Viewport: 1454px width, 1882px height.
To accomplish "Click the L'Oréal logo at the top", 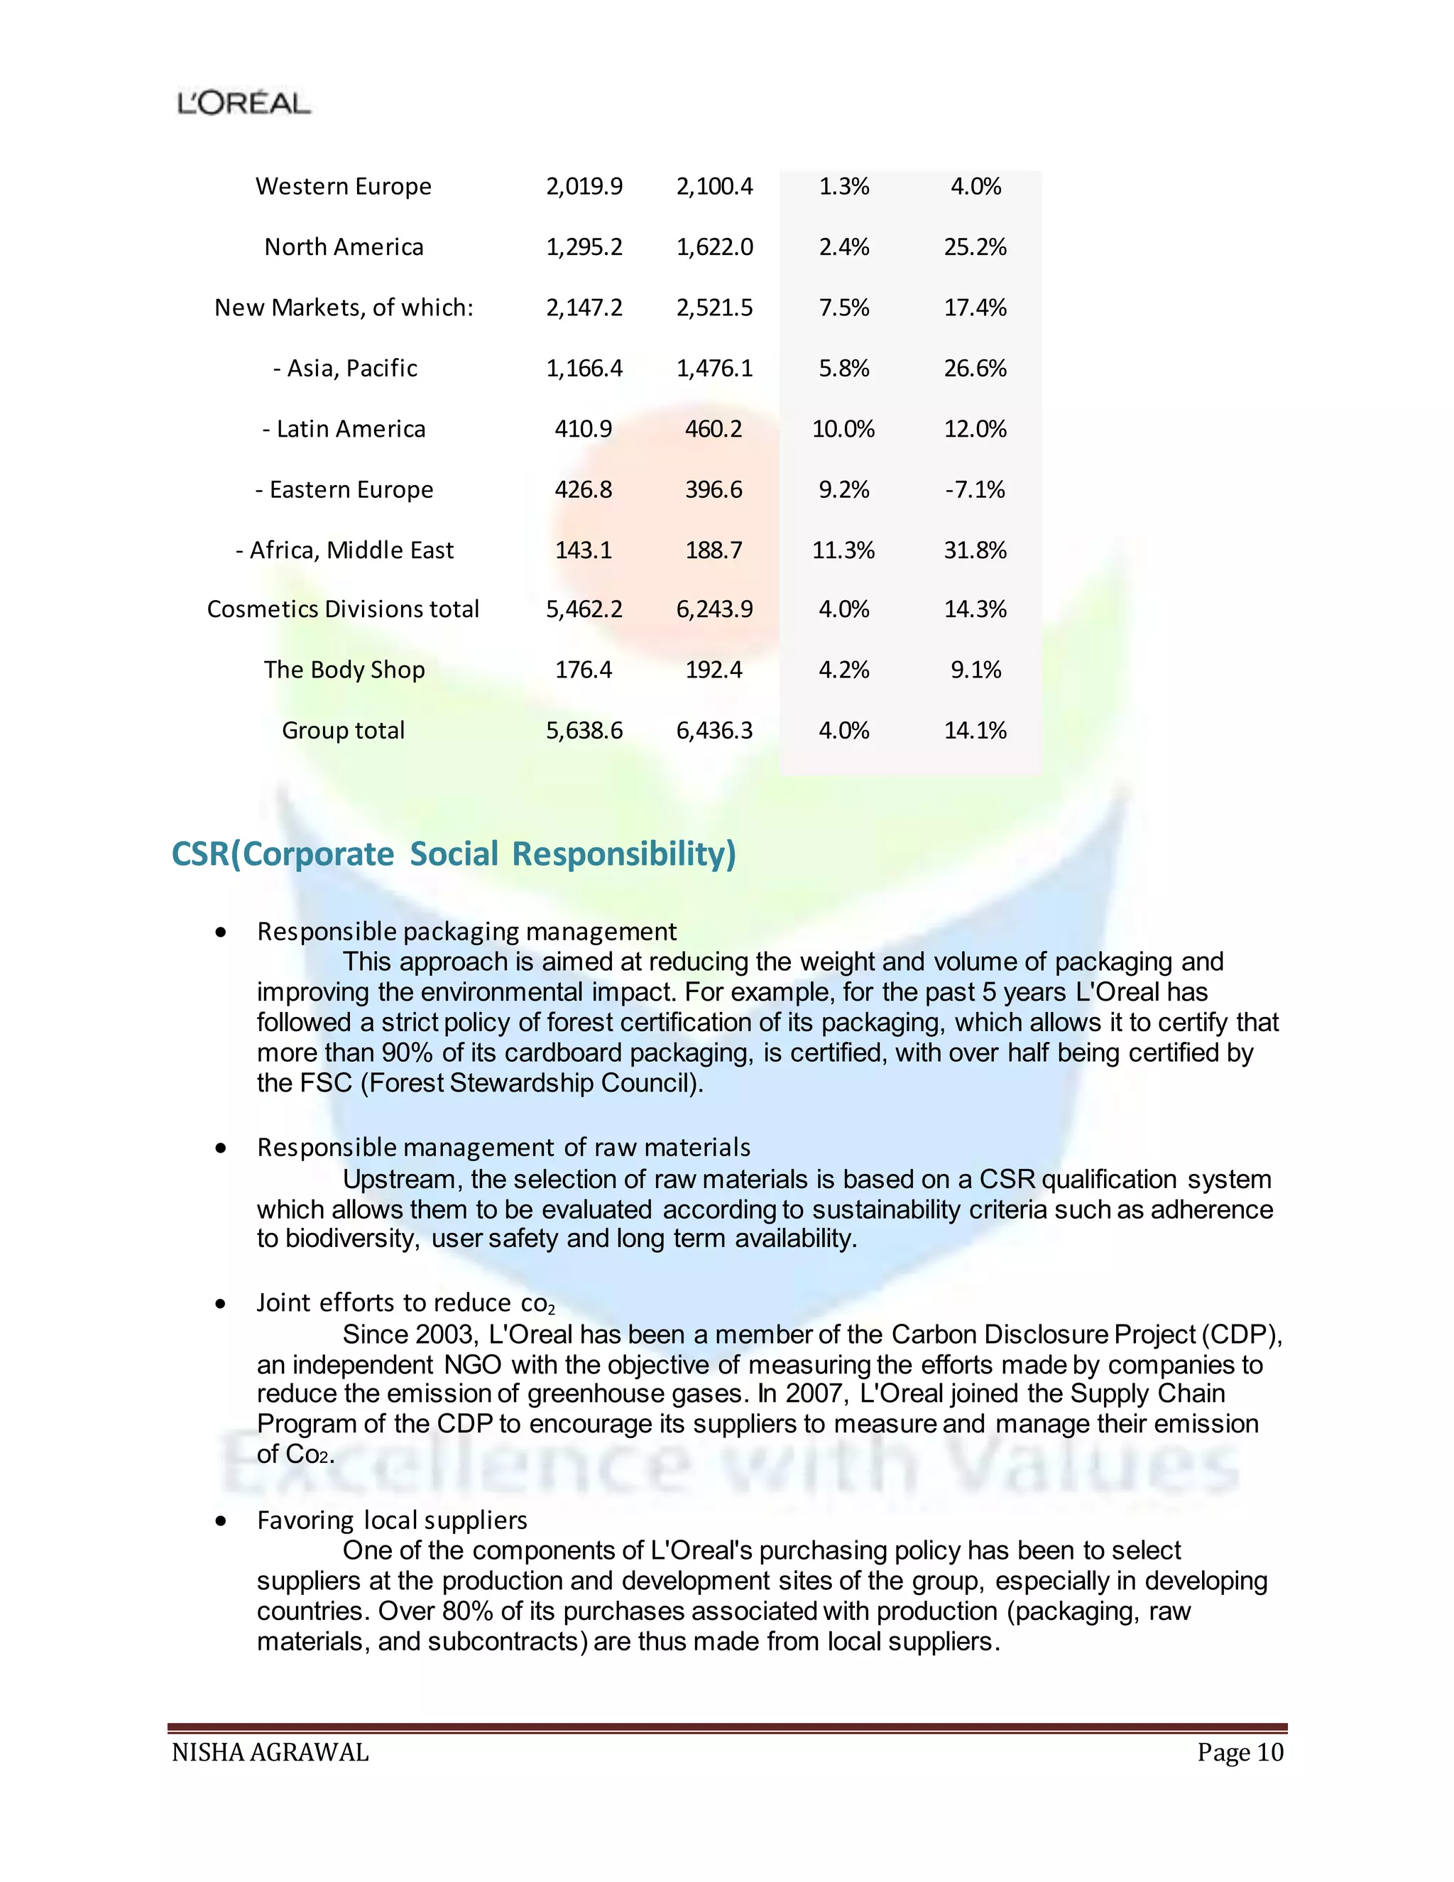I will [x=244, y=104].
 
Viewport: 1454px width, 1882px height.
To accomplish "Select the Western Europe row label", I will [x=343, y=186].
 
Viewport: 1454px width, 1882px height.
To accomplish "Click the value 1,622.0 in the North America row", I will [x=714, y=247].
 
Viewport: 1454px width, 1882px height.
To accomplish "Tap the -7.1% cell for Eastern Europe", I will [x=974, y=489].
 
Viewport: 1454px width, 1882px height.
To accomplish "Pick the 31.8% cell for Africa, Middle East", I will [x=974, y=550].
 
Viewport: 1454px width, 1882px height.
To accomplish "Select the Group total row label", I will [x=343, y=731].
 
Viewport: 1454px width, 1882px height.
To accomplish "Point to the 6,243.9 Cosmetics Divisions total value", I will [x=714, y=609].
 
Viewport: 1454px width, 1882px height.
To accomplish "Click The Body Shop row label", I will [x=344, y=670].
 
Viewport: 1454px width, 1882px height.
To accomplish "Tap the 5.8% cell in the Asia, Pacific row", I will [x=843, y=369].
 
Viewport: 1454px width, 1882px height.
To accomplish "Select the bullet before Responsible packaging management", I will [x=222, y=932].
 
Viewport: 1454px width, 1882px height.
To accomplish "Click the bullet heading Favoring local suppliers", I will [x=392, y=1520].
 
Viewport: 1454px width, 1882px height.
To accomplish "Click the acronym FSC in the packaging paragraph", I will [x=326, y=1083].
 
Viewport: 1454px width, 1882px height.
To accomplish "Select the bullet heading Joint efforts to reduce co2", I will [x=405, y=1303].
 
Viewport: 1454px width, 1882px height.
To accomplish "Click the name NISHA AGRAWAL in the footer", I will [x=270, y=1752].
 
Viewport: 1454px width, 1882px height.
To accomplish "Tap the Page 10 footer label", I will [x=1240, y=1752].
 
